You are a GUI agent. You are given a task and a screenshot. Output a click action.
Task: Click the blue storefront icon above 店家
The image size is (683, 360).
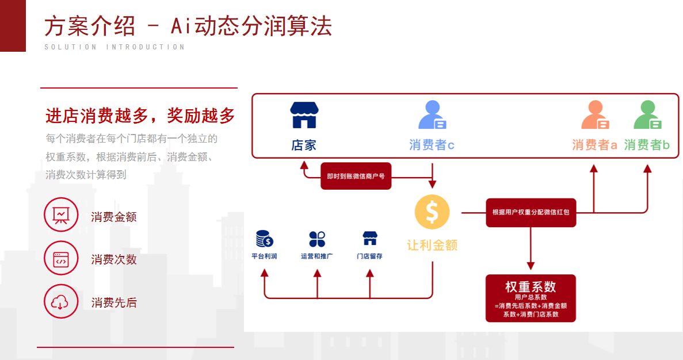304,115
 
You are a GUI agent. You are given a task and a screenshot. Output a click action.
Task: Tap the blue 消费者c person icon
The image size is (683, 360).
432,115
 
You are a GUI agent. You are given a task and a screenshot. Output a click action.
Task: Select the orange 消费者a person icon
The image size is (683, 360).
595,115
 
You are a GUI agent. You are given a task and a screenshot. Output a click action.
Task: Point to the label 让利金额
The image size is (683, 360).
432,246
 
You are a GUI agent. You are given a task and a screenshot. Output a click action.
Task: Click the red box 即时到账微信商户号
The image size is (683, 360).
356,177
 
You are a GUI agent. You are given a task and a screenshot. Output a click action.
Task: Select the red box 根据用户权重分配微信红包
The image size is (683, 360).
531,212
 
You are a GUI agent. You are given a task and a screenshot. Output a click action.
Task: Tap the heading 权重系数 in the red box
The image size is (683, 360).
531,286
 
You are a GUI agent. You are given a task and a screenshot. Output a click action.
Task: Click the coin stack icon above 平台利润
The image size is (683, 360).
265,238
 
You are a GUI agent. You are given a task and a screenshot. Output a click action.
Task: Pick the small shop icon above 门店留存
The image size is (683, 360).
369,238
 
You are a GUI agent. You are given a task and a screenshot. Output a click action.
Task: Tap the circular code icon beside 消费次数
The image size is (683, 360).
61,258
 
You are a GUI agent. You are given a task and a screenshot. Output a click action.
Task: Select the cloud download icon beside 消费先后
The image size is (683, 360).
61,301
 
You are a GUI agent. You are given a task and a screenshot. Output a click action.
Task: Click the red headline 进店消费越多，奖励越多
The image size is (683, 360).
140,116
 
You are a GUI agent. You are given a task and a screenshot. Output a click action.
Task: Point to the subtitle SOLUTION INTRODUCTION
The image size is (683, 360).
115,47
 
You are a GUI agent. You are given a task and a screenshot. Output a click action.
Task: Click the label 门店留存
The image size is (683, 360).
369,256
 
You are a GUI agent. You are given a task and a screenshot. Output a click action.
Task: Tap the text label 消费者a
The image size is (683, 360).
594,145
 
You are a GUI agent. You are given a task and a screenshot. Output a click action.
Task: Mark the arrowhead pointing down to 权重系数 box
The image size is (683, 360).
531,266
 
